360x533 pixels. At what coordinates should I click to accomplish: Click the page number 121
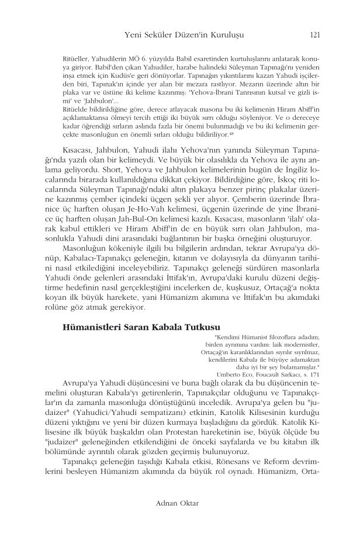[x=314, y=34]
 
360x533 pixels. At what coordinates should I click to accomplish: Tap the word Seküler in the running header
[x=166, y=34]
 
